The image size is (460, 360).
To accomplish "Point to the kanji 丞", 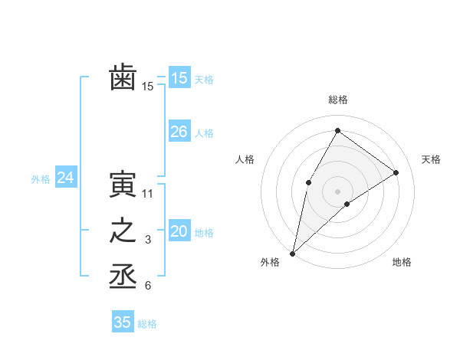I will (x=123, y=277).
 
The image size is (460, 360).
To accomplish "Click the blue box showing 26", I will (x=179, y=132).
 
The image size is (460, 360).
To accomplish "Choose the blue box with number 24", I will (x=65, y=178).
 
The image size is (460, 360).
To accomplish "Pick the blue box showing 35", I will (x=122, y=322).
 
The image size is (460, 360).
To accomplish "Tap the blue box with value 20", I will (x=179, y=231).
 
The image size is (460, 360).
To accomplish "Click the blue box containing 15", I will (x=179, y=77).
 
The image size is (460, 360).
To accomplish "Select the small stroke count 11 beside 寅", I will (x=148, y=194).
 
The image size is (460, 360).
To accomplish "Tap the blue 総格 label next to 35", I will (x=147, y=324).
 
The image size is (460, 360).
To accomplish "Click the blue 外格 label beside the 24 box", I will (x=41, y=179).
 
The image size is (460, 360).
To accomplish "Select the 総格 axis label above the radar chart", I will (x=337, y=100).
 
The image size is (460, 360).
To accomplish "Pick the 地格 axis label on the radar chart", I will (x=402, y=263).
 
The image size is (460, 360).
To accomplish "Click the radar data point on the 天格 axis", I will (x=396, y=172).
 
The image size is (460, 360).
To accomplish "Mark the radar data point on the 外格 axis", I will (x=292, y=253).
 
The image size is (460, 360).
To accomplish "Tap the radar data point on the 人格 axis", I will (x=309, y=182).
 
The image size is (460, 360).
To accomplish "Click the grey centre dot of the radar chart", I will (x=337, y=191).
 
